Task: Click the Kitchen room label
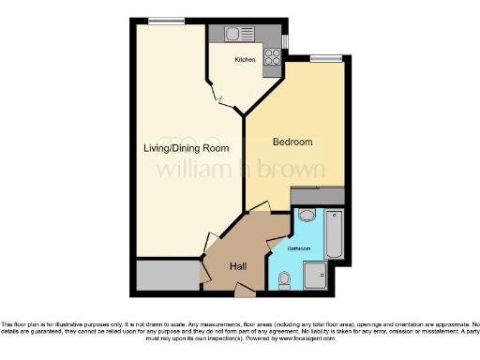[x=245, y=59]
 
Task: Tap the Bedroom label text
[x=292, y=142]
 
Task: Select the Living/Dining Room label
[x=186, y=148]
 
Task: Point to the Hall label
[x=238, y=266]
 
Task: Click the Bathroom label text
[x=299, y=248]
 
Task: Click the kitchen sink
[x=233, y=34]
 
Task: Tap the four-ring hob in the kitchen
[x=274, y=55]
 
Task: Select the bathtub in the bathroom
[x=334, y=233]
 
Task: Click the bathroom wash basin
[x=306, y=217]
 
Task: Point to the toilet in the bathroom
[x=285, y=277]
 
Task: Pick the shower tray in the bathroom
[x=314, y=274]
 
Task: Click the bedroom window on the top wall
[x=325, y=59]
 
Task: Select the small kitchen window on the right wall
[x=285, y=42]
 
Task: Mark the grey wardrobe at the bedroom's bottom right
[x=319, y=194]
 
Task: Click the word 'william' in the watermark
[x=188, y=171]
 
